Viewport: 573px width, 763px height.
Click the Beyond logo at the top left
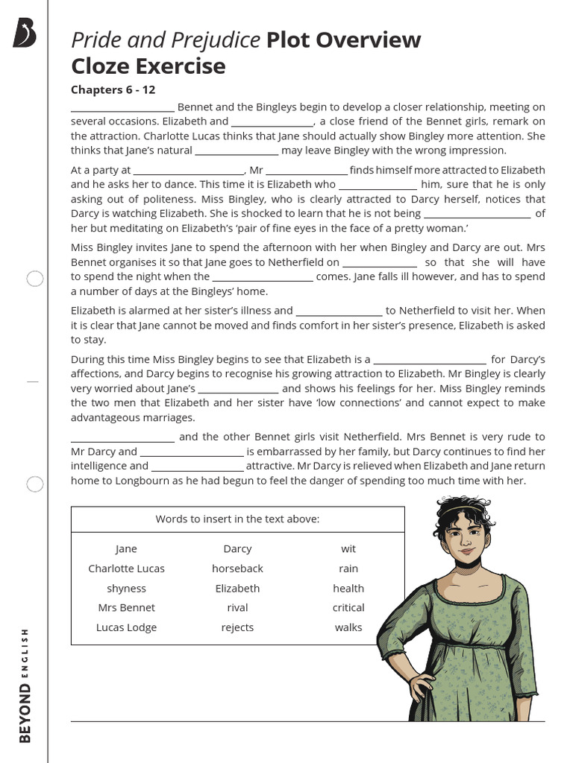(24, 34)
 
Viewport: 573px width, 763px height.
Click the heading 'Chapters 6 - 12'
(113, 90)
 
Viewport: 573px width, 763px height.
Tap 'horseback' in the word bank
(237, 569)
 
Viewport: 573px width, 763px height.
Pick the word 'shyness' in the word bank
(126, 588)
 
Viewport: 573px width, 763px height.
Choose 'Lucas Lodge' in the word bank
(126, 627)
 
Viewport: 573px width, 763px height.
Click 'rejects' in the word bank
(237, 627)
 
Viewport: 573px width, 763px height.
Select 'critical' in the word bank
(348, 607)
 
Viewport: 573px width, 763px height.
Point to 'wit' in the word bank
(348, 549)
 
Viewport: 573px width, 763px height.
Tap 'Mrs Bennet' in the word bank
(126, 607)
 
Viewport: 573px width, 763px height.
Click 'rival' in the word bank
(237, 607)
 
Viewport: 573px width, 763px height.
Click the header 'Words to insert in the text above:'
(237, 519)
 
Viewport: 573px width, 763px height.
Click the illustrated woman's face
(463, 538)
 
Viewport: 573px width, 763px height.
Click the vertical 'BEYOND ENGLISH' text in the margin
(25, 685)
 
